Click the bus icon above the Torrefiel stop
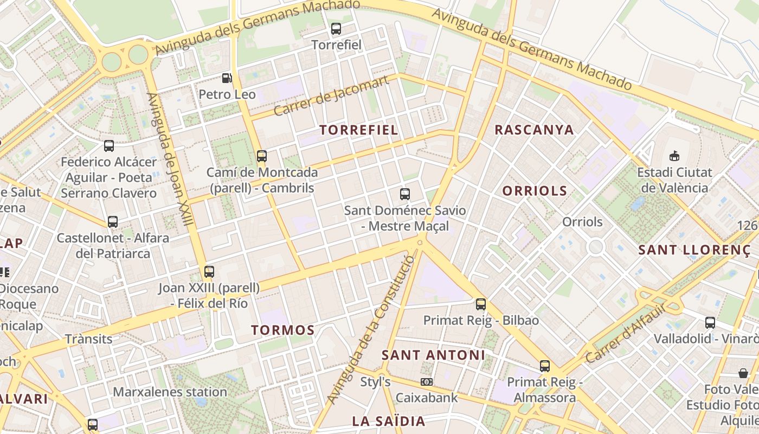(336, 29)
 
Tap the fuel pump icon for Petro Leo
(227, 78)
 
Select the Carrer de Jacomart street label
(331, 96)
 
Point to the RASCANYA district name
(534, 130)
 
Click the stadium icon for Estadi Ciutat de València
(674, 156)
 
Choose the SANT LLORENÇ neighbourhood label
(697, 250)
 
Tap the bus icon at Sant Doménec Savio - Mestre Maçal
(405, 194)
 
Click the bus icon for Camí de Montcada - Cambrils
(262, 156)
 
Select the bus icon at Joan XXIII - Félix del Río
(209, 271)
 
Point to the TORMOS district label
(283, 330)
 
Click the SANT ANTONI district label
(433, 355)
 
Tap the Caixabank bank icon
(427, 382)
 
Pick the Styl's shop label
(375, 382)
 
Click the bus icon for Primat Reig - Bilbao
(481, 304)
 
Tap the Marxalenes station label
(170, 392)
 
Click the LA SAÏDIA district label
(389, 421)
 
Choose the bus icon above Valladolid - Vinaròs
(710, 323)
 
